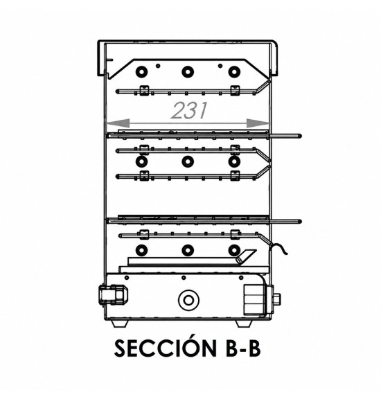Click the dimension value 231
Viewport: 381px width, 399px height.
189,111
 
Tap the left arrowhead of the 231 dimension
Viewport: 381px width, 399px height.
118,123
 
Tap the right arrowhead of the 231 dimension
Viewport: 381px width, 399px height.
258,123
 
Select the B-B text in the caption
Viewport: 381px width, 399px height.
243,348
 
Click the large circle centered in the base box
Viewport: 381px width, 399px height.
188,300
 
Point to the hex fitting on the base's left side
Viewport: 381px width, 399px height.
113,295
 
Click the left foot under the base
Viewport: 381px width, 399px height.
120,323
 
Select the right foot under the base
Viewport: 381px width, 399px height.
245,323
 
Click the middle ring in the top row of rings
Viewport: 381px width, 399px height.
188,72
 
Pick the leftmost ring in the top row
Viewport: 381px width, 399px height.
141,72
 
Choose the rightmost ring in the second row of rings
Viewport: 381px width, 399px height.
234,161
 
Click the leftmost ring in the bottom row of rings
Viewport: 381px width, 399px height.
141,250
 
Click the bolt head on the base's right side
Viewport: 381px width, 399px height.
276,300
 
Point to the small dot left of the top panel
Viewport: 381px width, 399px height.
158,66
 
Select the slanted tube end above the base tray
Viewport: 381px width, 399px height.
245,256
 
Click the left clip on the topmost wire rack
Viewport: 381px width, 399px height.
144,91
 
